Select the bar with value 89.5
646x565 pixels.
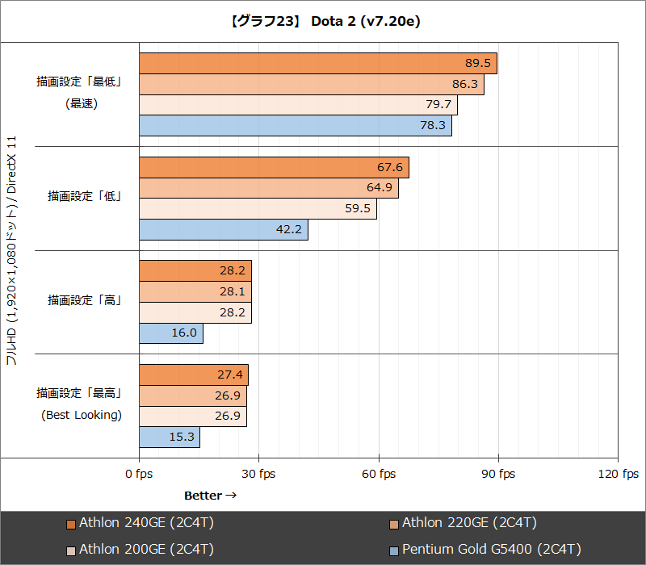[x=318, y=64]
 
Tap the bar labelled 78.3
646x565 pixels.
[x=296, y=126]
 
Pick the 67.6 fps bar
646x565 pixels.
[x=275, y=167]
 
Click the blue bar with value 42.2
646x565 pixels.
[x=224, y=229]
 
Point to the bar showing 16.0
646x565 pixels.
[x=171, y=333]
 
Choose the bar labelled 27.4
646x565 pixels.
[x=194, y=375]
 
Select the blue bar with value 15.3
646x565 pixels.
[x=170, y=437]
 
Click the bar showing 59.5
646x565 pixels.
[x=258, y=209]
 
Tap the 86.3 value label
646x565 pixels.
[x=465, y=84]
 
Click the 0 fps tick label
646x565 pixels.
[x=139, y=474]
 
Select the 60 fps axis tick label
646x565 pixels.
[x=379, y=474]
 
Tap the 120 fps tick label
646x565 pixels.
[x=618, y=474]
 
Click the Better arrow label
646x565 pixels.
[x=210, y=495]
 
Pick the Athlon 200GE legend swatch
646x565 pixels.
[x=71, y=550]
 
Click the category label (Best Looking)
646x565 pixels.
[x=82, y=416]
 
